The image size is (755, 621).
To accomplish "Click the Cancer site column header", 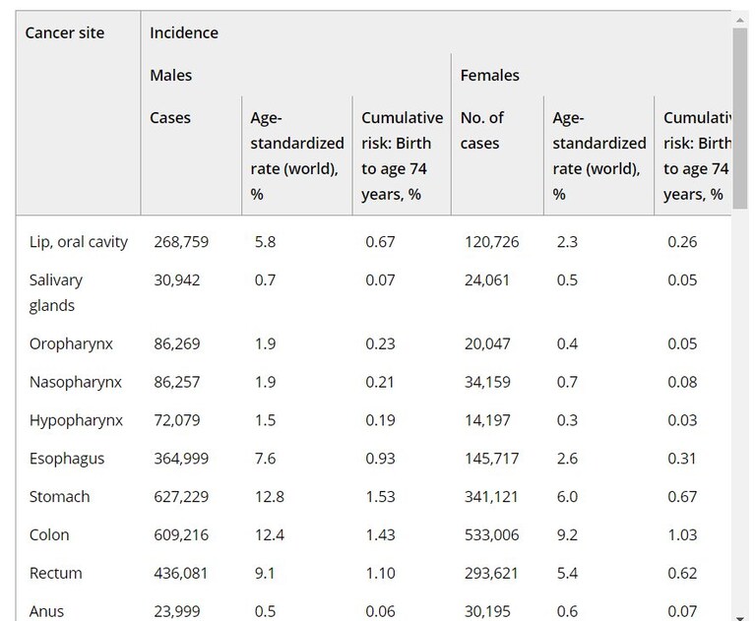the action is pos(65,32).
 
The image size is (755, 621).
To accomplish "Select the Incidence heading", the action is pos(184,32).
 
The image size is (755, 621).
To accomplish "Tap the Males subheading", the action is pos(171,75).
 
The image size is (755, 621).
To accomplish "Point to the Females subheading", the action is pos(489,75).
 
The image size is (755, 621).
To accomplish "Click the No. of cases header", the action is pos(482,131).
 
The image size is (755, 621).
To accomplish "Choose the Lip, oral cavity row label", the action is pos(79,242).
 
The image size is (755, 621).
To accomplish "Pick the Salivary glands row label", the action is pos(56,292).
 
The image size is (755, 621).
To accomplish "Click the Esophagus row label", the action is pos(67,459).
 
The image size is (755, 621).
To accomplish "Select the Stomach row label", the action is pos(60,497).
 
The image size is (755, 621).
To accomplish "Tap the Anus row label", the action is pos(46,611).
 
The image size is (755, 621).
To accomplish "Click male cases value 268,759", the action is pos(181,242).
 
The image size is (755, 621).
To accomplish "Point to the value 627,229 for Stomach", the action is pos(181,497).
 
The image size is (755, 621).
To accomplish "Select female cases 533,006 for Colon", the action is pos(491,534).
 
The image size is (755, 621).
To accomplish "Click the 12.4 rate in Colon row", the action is pos(270,534).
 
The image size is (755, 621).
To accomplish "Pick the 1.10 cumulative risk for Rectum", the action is pos(380,574).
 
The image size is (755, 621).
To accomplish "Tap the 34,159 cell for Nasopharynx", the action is pos(487,382).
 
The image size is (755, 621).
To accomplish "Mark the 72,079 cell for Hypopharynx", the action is pos(177,420).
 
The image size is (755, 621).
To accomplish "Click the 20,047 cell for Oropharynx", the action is pos(487,343).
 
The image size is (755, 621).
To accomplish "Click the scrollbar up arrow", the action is pos(739,21).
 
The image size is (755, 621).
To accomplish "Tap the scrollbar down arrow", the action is pos(739,618).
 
